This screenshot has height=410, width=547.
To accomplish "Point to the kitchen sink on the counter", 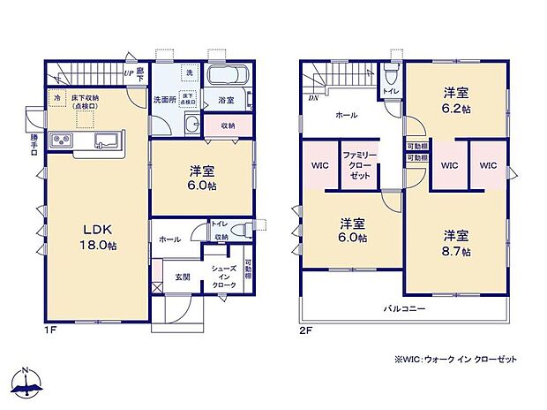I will tap(103, 140).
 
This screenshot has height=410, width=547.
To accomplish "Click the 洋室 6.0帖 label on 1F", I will tap(203, 178).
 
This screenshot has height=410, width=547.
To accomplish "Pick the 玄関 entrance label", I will tap(182, 275).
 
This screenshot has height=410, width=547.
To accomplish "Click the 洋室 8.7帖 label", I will tap(456, 242).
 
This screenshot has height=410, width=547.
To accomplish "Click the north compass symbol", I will tap(27, 381).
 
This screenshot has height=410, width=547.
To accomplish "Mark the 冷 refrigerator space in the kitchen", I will tap(57, 97).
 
